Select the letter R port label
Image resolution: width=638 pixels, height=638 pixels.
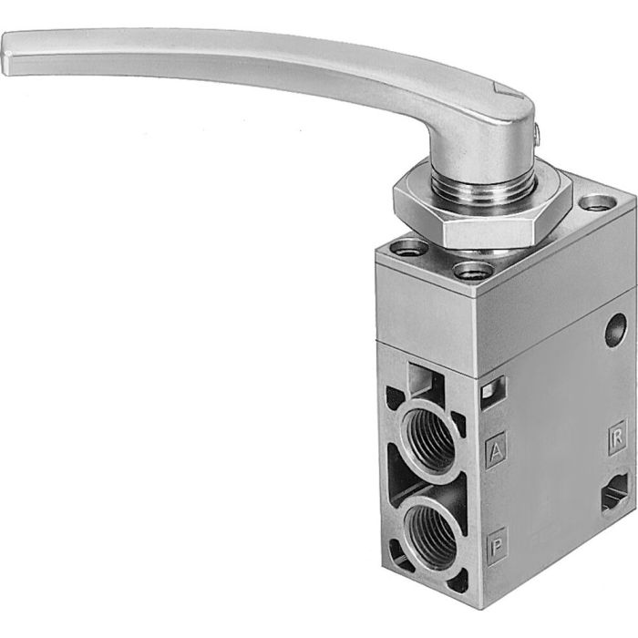[x=617, y=435]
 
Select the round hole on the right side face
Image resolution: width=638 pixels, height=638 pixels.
[x=616, y=324]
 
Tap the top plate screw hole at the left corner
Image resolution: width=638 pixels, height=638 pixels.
[x=406, y=246]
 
